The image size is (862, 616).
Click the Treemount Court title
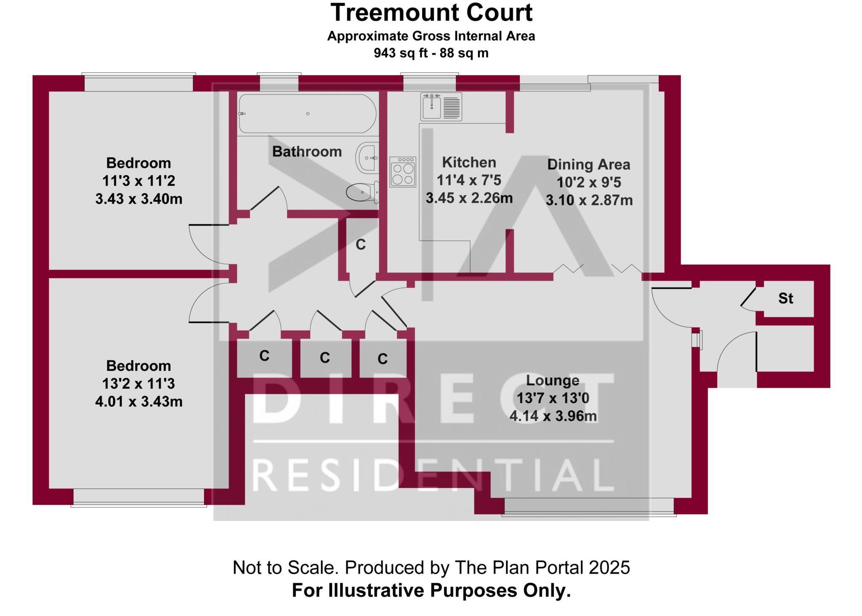point(431,13)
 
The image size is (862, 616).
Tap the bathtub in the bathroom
point(308,114)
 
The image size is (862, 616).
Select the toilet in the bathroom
point(362,192)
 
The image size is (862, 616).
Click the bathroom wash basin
point(367,158)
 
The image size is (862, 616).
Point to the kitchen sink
point(441,107)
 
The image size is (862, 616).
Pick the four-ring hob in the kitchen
point(403,172)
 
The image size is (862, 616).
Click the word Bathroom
point(307,151)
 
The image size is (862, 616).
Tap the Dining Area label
point(588,165)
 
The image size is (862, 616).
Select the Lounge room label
point(553,380)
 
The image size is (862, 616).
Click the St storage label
point(785,298)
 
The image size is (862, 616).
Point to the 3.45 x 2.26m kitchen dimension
point(469,198)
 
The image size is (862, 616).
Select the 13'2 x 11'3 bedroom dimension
point(138,384)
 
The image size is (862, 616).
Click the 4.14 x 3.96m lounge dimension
point(553,416)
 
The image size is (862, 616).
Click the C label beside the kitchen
point(361,244)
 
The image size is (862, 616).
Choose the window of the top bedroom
point(138,82)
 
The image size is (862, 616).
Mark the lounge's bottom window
point(589,507)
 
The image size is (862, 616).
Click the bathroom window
point(279,82)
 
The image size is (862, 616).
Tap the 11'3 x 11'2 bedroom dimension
point(138,181)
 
